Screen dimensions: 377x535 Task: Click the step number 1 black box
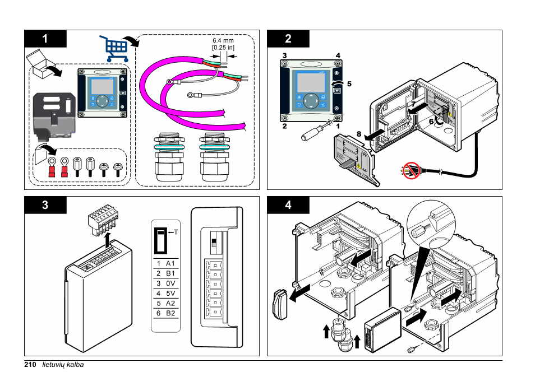[x=45, y=39]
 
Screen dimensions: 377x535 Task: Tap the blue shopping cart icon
[x=113, y=48]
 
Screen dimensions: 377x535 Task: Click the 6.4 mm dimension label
[x=223, y=41]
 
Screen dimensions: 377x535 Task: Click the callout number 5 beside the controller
[x=349, y=84]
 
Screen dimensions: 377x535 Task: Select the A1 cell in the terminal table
[x=170, y=263]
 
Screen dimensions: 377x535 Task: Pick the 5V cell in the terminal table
[x=170, y=293]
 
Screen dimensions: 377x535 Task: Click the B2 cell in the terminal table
[x=170, y=313]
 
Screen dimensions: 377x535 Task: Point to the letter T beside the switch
[x=176, y=231]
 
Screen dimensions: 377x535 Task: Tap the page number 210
[x=30, y=365]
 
